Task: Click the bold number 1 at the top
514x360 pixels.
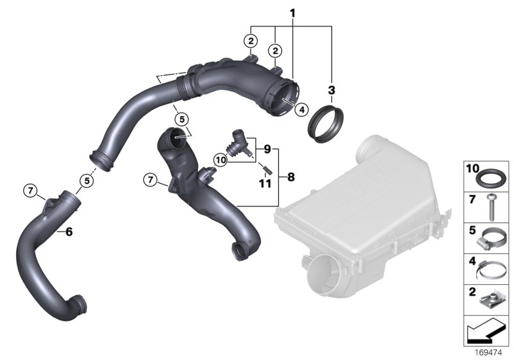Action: click(292, 14)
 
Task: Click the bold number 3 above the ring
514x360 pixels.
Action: click(332, 89)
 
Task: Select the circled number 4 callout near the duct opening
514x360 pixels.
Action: click(301, 109)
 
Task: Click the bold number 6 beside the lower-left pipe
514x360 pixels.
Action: click(69, 232)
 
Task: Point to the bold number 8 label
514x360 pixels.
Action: click(291, 177)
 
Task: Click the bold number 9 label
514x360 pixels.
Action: click(267, 150)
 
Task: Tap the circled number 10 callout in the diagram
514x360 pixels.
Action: click(220, 160)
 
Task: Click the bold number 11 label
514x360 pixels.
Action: click(265, 184)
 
